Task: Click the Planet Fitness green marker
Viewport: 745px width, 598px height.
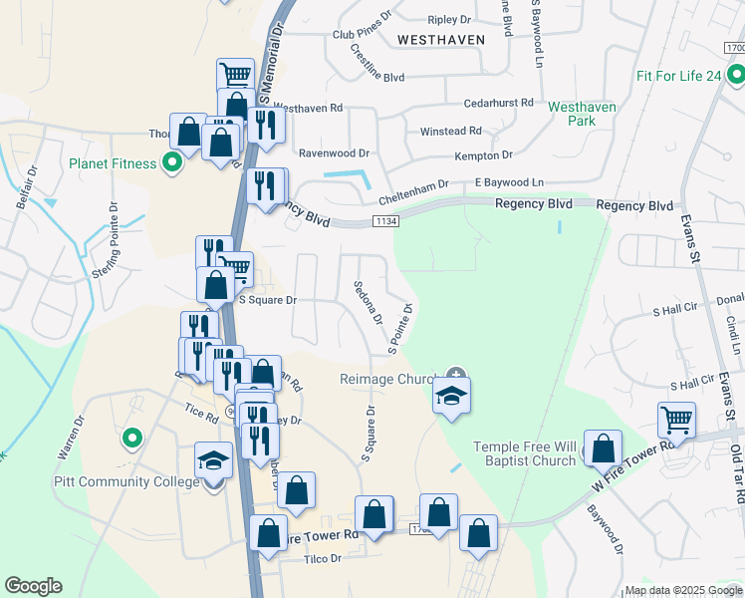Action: click(x=172, y=162)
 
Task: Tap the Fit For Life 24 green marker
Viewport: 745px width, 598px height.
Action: click(x=735, y=75)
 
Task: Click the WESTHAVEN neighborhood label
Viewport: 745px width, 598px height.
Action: click(x=440, y=39)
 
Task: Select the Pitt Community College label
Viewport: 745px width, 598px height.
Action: click(x=128, y=482)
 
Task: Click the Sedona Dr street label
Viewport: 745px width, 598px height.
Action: click(x=368, y=302)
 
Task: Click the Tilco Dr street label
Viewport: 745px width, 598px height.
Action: click(x=322, y=560)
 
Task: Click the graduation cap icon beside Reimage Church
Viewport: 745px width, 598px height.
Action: click(x=451, y=396)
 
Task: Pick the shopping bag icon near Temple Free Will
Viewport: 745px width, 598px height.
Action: click(x=603, y=448)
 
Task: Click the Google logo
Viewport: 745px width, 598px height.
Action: click(x=33, y=586)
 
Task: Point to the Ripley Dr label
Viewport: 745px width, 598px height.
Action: click(x=448, y=20)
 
